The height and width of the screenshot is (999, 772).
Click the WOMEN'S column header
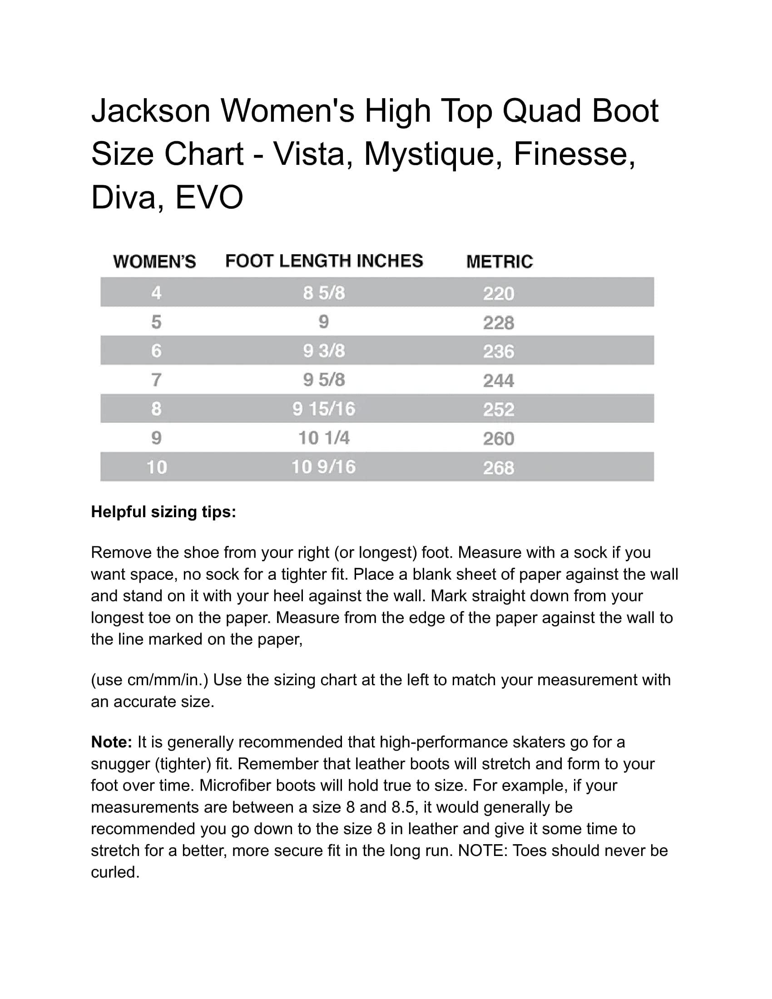click(154, 262)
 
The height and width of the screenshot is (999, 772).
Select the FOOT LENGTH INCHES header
click(324, 261)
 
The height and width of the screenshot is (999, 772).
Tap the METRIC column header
click(499, 262)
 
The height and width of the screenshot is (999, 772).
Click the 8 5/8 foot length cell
click(324, 293)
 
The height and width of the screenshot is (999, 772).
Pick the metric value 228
click(499, 323)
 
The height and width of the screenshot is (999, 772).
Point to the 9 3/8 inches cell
click(324, 351)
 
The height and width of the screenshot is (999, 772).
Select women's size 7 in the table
click(156, 380)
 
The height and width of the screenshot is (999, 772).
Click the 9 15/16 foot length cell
click(324, 409)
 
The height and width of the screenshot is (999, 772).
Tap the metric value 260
click(499, 439)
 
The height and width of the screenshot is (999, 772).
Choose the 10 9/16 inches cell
click(324, 467)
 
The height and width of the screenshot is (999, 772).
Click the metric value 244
click(499, 381)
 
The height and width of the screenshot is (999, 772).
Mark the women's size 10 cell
click(156, 467)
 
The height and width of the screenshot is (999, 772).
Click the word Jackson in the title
click(150, 111)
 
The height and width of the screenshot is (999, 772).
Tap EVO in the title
click(209, 197)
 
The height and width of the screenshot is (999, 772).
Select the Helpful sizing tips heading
click(163, 512)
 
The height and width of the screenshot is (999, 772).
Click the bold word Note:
click(112, 742)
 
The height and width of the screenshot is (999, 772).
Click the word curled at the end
click(114, 872)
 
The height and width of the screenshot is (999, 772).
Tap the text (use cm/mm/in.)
click(149, 680)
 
